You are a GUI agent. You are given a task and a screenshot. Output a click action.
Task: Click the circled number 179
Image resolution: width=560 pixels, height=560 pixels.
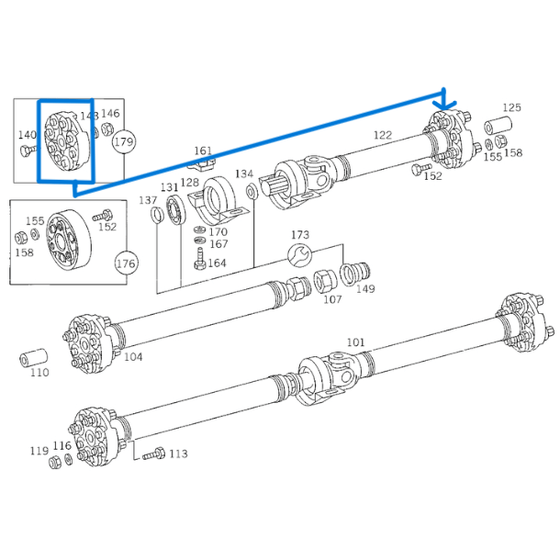(x=123, y=142)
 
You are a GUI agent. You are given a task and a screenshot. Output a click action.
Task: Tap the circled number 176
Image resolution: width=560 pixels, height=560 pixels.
(x=125, y=263)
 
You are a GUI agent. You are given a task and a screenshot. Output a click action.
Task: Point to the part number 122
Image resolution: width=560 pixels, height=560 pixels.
(x=382, y=135)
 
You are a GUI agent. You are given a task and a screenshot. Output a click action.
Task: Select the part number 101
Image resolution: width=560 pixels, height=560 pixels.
(x=355, y=342)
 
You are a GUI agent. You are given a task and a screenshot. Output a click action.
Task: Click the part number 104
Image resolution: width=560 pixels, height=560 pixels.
(x=133, y=356)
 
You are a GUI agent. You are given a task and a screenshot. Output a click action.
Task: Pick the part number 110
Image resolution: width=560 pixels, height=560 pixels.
(x=39, y=374)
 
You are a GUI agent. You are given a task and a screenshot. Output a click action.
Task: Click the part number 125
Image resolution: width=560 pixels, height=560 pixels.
(x=510, y=108)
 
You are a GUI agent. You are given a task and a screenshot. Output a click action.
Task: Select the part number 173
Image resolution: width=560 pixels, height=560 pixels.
(x=300, y=236)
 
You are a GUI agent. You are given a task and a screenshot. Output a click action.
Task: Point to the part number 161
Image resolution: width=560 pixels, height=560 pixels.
(x=202, y=151)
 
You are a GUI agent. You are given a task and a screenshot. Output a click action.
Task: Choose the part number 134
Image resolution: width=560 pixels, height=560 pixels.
(x=244, y=174)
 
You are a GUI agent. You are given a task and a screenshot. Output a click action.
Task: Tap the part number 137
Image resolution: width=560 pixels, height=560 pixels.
(x=148, y=200)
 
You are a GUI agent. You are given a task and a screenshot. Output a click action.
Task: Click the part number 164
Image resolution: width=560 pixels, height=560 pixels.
(x=218, y=263)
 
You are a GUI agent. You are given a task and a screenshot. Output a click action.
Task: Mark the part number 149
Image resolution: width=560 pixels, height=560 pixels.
(x=365, y=289)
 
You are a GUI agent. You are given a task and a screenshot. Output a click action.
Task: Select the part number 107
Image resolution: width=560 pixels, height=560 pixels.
(x=332, y=299)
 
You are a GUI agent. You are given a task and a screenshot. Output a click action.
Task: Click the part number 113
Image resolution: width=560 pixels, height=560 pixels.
(x=178, y=453)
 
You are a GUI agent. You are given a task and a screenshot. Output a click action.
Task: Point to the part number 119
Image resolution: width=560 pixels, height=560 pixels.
(x=39, y=451)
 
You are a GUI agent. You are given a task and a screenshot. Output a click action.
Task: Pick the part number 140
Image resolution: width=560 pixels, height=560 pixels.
(x=27, y=135)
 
